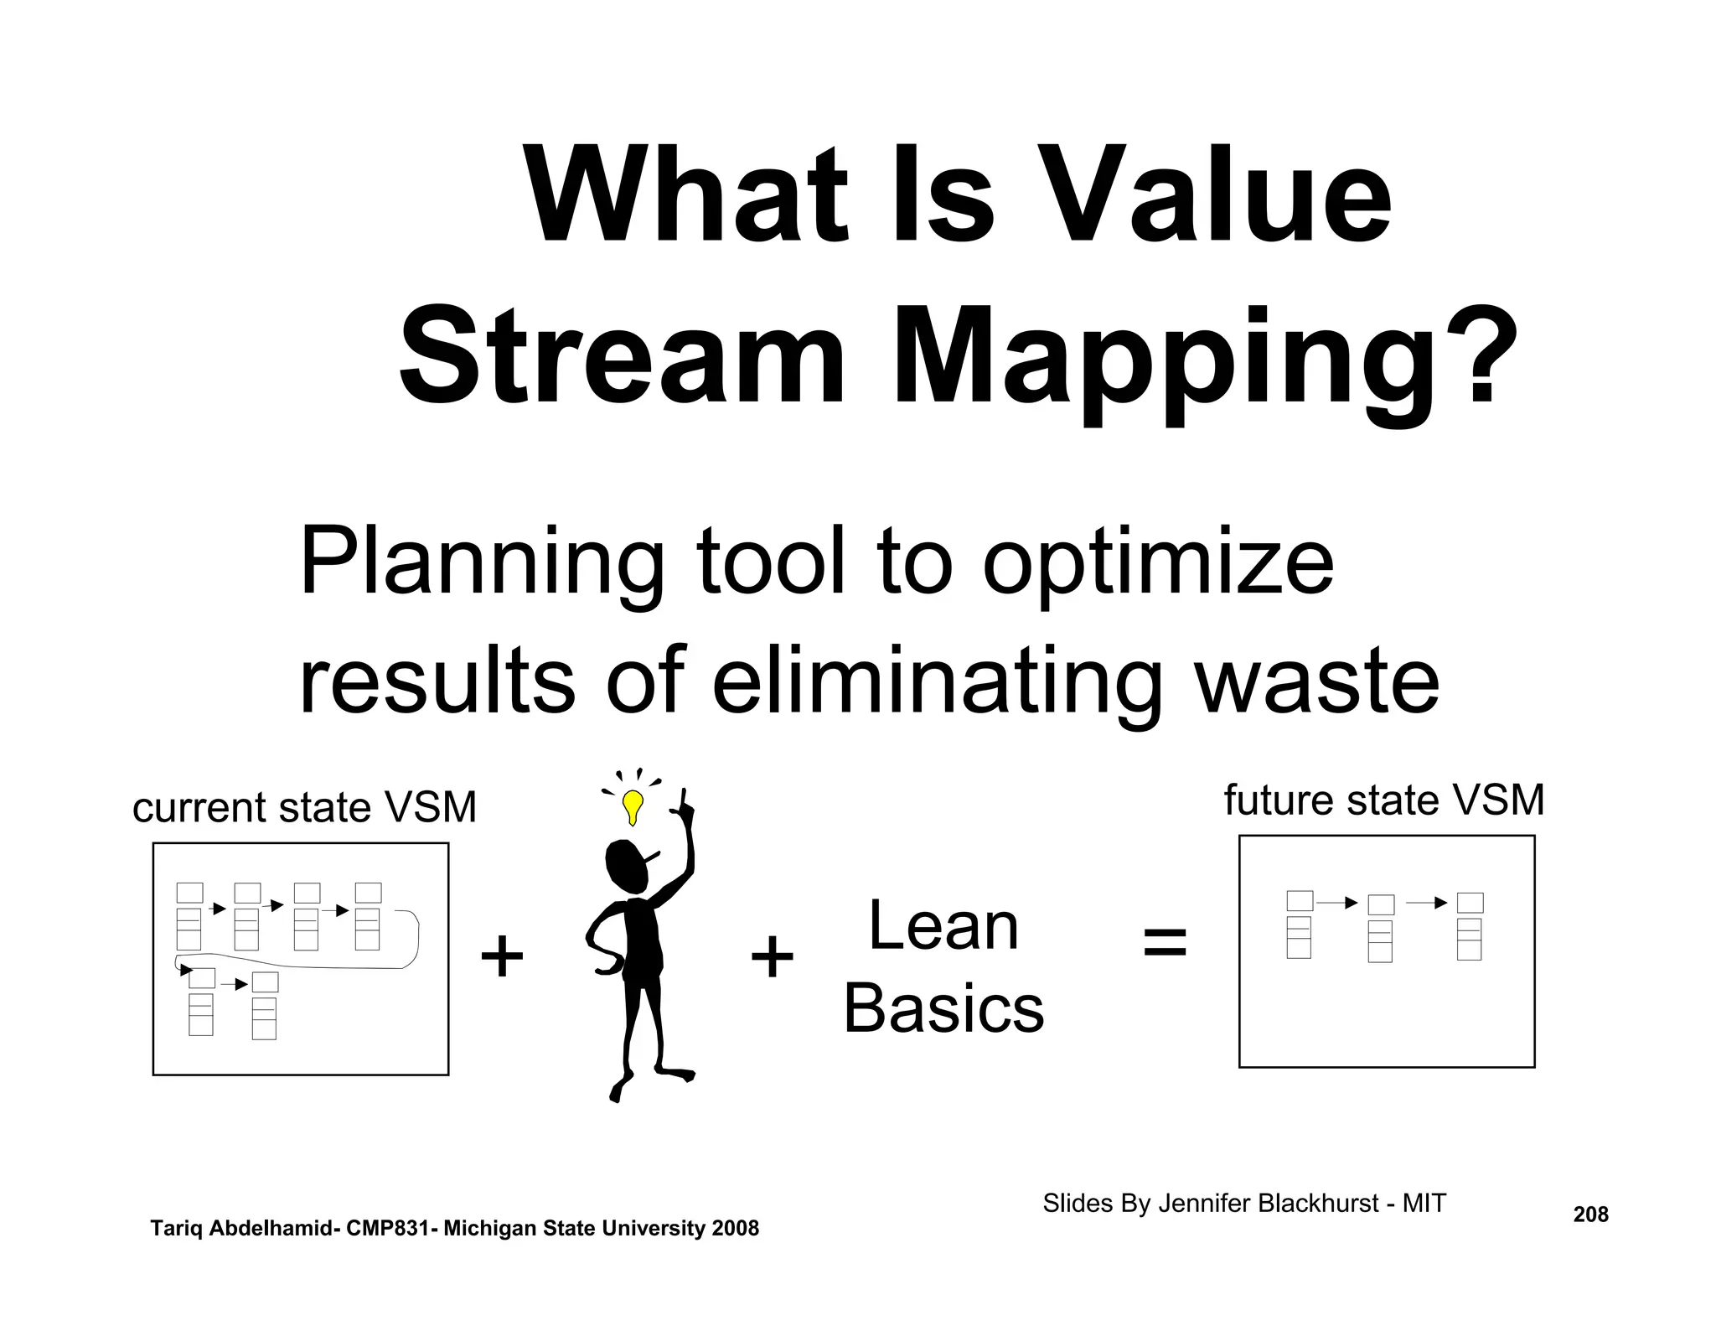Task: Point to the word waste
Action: pos(1316,681)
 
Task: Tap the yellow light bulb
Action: pos(633,806)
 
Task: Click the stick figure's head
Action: pos(626,867)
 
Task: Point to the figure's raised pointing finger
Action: pos(685,800)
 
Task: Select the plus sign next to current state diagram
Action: pos(502,956)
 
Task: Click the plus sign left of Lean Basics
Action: pos(772,956)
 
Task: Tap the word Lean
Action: pos(943,925)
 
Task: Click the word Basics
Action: pos(943,1008)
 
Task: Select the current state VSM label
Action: pos(304,808)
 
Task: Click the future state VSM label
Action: pos(1383,800)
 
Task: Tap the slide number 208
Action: pos(1590,1215)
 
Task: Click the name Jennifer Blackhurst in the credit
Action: pos(1268,1204)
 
